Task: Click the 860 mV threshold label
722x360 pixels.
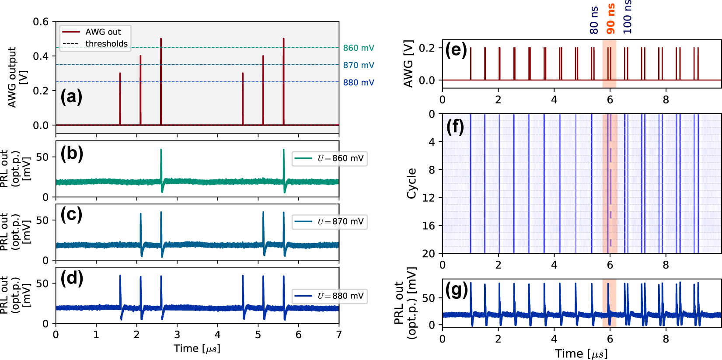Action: pos(358,48)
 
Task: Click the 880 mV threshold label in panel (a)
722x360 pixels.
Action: pos(358,82)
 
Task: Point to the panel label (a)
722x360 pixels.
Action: pos(71,97)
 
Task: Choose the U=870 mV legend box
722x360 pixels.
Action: pos(330,221)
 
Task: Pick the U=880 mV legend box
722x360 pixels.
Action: pos(330,296)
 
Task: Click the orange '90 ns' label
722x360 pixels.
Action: pos(611,19)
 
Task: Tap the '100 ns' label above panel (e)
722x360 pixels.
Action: pos(628,17)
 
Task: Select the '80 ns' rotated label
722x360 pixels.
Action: pos(594,20)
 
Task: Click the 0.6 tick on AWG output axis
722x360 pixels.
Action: pos(41,21)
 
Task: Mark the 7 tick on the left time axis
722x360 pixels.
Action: pos(339,335)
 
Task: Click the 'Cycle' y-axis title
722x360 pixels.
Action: pos(411,183)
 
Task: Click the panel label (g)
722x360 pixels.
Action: pos(456,290)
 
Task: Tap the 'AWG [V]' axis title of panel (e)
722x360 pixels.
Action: pos(408,64)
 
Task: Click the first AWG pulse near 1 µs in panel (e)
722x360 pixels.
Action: pos(471,63)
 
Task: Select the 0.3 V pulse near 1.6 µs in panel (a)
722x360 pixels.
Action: pos(120,98)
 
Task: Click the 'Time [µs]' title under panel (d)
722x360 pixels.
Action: pos(197,349)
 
